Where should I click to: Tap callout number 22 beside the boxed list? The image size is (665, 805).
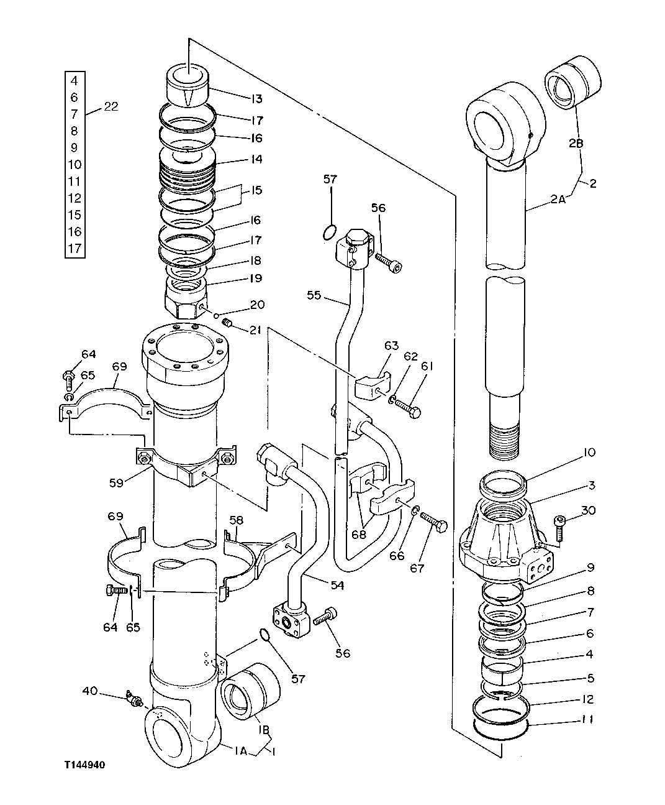111,107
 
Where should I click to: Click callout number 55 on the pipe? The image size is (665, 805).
314,295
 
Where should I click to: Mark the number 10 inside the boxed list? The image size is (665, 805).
74,165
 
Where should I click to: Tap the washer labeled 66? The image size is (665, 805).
414,510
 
